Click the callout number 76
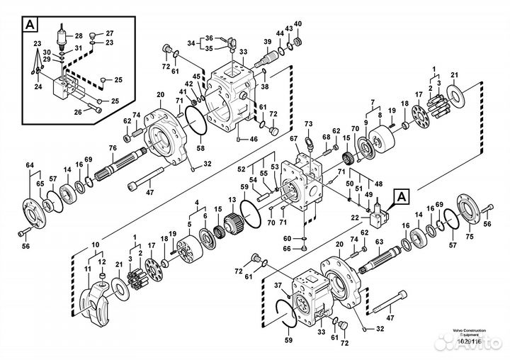[113, 147]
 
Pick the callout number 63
[380, 242]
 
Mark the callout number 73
[309, 124]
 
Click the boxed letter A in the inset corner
[30, 25]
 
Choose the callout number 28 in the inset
[79, 35]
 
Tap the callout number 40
[297, 24]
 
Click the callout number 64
[30, 166]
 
